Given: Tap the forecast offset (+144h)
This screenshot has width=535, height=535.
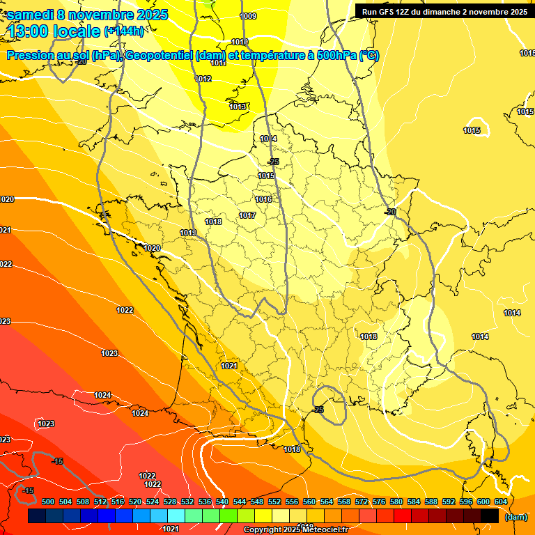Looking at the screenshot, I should (x=123, y=31).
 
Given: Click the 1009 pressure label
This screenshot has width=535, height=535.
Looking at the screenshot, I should (x=247, y=16).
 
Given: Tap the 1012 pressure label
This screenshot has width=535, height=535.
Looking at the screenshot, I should (x=203, y=79).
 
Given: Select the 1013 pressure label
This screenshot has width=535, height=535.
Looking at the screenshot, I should (x=238, y=107).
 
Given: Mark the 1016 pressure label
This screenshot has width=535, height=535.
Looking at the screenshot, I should (x=263, y=200).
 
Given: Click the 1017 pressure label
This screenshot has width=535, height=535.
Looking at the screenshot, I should (x=247, y=216).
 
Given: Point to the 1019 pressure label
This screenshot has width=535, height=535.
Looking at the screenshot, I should (x=187, y=233).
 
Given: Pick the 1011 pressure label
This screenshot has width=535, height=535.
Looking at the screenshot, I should (x=218, y=63).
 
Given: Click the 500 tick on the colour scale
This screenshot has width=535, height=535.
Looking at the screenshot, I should (x=48, y=502).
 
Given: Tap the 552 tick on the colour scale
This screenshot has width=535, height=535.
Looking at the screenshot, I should (x=274, y=502).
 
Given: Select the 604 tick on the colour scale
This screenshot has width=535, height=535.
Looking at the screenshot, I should (x=501, y=502).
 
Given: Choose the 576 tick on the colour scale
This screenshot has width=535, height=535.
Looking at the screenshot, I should (x=379, y=502).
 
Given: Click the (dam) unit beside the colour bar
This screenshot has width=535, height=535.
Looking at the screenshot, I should (x=515, y=517).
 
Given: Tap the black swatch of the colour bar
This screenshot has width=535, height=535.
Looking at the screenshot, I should (x=490, y=515).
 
